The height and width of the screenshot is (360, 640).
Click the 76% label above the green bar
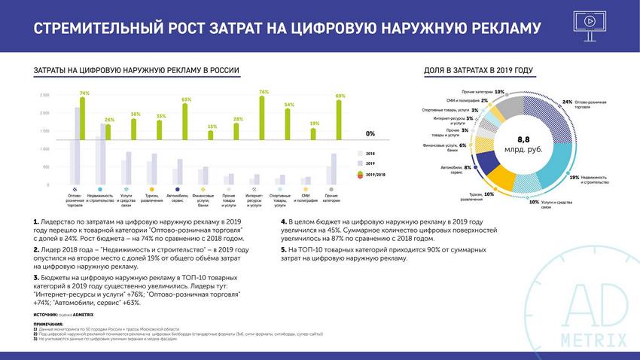[264, 93]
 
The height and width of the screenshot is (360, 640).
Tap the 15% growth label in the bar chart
[212, 127]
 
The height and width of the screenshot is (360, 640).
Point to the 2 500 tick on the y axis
[44, 96]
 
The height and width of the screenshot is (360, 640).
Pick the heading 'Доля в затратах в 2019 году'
[479, 71]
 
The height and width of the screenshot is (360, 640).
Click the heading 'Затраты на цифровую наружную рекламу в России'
[136, 71]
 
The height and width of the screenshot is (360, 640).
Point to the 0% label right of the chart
[370, 133]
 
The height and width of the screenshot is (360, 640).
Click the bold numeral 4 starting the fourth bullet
[283, 223]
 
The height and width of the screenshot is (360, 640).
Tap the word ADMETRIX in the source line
[82, 313]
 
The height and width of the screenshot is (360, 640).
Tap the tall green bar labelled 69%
[340, 143]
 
